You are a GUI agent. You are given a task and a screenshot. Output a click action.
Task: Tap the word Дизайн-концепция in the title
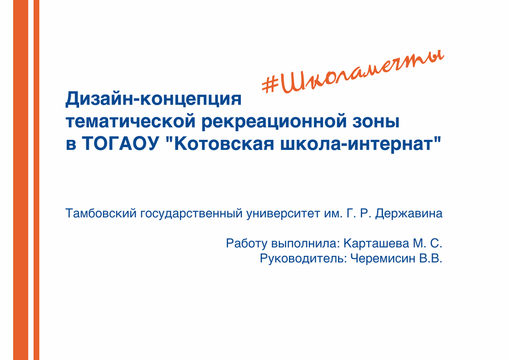[153, 98]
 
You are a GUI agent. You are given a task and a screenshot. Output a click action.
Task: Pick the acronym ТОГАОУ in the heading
[120, 143]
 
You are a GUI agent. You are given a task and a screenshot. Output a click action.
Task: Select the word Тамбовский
[101, 213]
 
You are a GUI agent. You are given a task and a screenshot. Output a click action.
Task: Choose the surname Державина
[409, 214]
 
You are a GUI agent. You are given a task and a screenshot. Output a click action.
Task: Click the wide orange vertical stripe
[21, 180]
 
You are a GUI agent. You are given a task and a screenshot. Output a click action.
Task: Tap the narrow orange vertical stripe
[36, 180]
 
